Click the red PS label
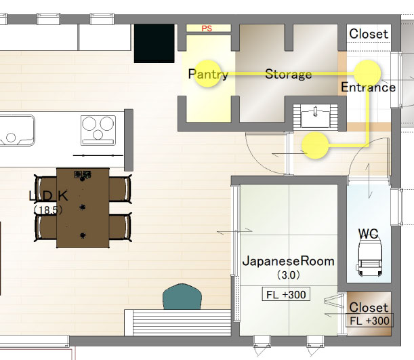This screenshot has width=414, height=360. [x=207, y=28]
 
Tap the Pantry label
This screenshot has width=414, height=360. [x=208, y=74]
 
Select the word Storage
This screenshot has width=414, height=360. [x=289, y=74]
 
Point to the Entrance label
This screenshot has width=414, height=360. [x=369, y=87]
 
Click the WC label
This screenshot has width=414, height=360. [x=369, y=234]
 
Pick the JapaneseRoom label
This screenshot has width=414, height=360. [x=289, y=261]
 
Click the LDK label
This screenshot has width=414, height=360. [x=48, y=196]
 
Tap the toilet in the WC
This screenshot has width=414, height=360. [x=370, y=257]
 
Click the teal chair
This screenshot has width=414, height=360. [x=182, y=297]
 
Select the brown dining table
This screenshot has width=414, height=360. [x=83, y=208]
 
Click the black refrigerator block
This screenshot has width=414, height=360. [x=154, y=43]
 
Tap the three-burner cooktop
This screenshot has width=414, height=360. [x=98, y=130]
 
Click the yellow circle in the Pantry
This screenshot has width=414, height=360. [x=207, y=73]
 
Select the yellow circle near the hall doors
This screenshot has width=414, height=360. [x=315, y=146]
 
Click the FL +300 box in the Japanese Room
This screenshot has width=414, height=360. [x=286, y=294]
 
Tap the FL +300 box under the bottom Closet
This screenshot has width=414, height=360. [x=370, y=321]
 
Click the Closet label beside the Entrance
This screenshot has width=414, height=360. [x=369, y=34]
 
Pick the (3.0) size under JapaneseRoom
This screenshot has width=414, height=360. [x=289, y=275]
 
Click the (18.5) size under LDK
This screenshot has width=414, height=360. [x=48, y=210]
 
